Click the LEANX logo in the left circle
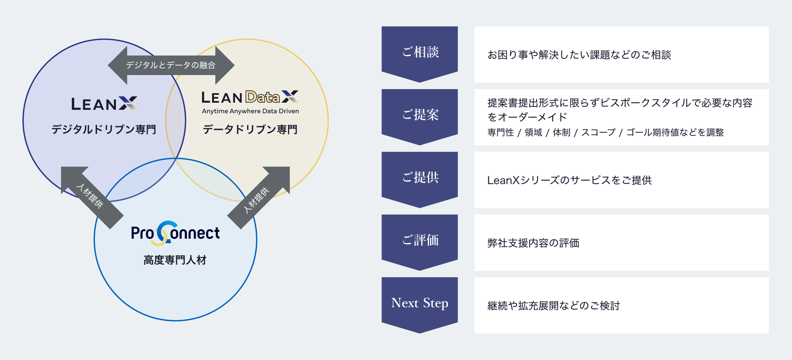point(104,104)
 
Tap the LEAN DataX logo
point(250,97)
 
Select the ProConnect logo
point(175,233)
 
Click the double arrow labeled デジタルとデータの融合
point(171,65)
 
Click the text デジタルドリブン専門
point(104,129)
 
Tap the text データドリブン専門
point(250,129)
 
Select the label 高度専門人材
point(175,260)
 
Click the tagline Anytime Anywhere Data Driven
point(250,111)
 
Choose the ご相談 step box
point(420,52)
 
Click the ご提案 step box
point(420,115)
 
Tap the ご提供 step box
point(420,178)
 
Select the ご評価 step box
point(420,240)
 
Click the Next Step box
point(420,303)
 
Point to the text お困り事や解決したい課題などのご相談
point(579,55)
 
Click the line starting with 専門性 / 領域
point(606,132)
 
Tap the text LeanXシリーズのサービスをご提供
point(569,180)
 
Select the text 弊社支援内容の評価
point(533,243)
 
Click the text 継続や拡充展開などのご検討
point(554,306)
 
